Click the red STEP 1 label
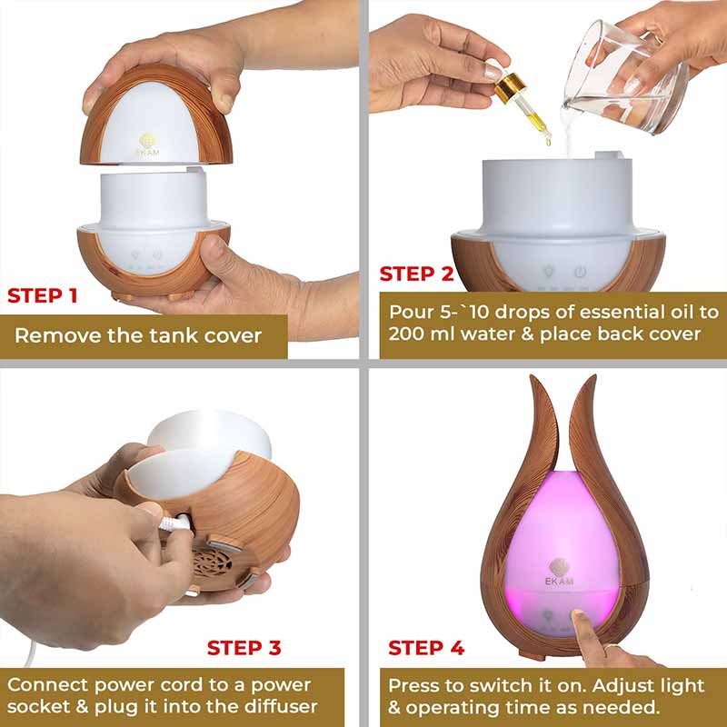tap(42, 296)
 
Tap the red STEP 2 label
tap(416, 274)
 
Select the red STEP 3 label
tap(244, 648)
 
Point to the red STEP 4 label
tap(426, 648)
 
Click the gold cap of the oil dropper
tap(510, 87)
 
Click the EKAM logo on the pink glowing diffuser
tap(560, 573)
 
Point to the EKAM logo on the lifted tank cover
tap(147, 145)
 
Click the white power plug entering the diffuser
tap(175, 523)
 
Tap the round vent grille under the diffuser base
tap(212, 563)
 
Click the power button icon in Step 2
tap(580, 272)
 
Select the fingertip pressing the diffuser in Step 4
tap(578, 616)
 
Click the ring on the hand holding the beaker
tap(658, 39)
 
